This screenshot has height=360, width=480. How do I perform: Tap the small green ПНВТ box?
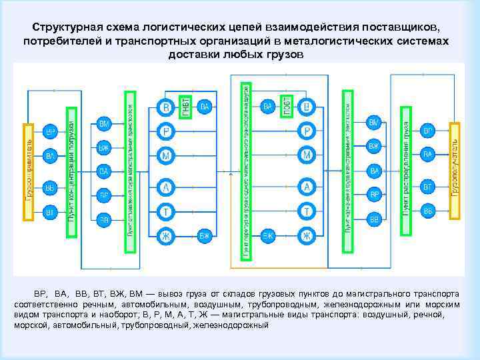tap(185, 107)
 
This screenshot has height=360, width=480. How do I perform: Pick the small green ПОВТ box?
tap(287, 107)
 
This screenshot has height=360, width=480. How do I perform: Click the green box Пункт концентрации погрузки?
tap(71, 172)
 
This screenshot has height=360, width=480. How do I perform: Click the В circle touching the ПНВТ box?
tap(166, 107)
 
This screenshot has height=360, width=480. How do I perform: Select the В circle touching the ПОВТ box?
tap(306, 107)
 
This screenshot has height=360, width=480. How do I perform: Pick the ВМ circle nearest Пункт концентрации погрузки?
tap(103, 124)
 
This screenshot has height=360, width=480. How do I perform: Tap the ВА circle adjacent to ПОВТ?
tap(268, 107)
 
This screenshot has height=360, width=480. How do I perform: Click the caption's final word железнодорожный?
tap(230, 325)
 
